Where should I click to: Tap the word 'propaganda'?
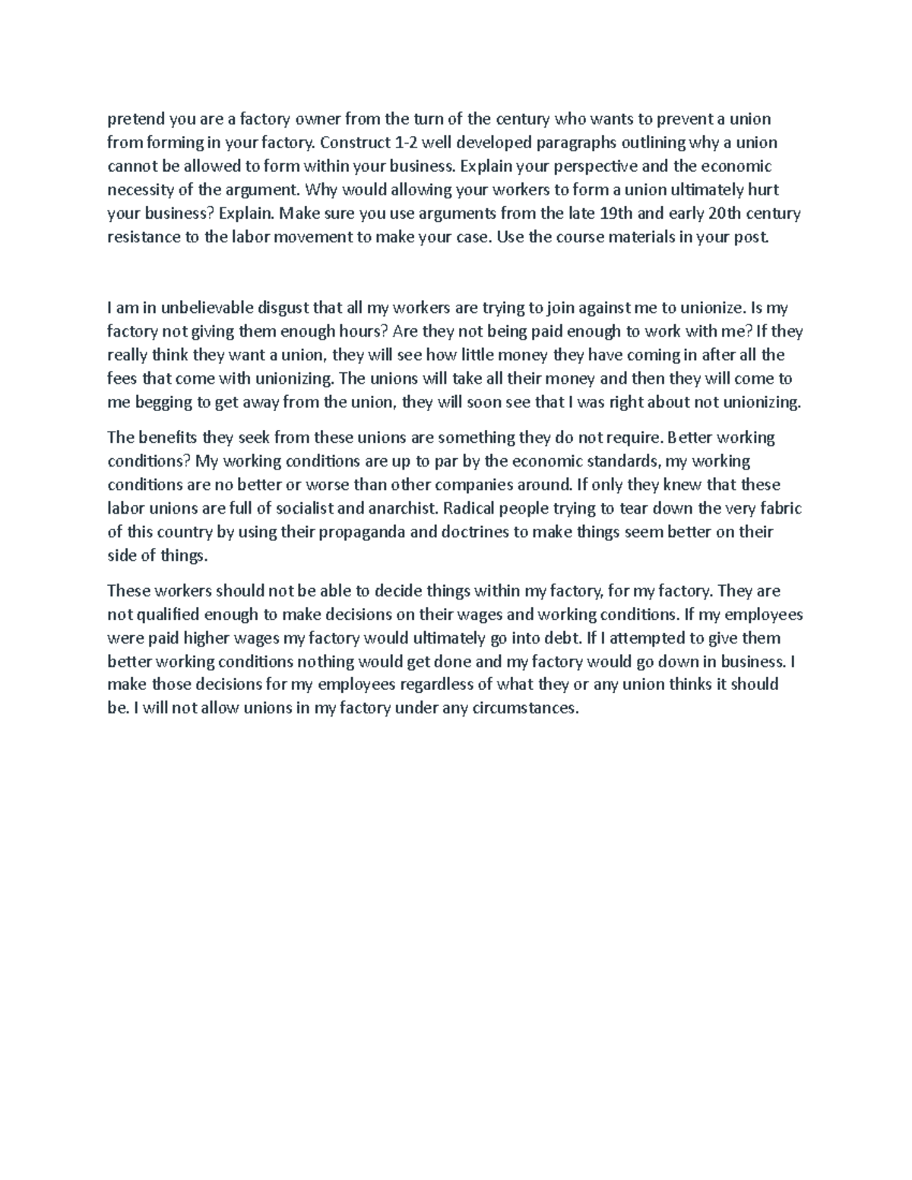coord(357,532)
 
